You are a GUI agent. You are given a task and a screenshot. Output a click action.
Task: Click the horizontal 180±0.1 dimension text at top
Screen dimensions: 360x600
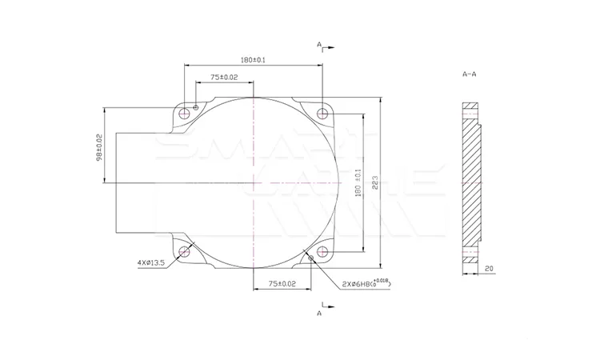254,60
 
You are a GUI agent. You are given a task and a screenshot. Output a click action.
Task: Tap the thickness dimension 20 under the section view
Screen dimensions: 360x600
488,270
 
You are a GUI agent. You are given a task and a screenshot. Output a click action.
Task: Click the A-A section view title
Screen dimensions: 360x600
470,74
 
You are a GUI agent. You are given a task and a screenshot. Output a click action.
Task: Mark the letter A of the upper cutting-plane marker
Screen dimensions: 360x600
318,46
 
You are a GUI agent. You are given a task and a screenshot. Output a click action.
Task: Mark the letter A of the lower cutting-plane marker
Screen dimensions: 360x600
319,314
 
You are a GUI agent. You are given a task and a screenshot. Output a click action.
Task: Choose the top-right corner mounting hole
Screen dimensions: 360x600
322,112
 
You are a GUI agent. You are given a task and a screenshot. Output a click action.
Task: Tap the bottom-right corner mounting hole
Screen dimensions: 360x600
322,252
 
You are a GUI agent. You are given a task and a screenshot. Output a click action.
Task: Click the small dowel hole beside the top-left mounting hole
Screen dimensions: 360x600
195,106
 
